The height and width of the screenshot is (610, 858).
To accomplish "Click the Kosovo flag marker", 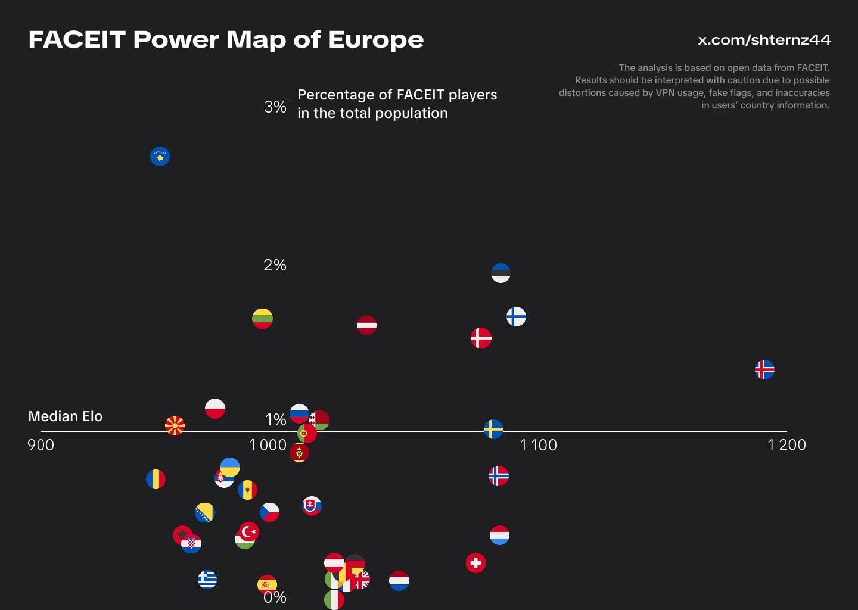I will [160, 156].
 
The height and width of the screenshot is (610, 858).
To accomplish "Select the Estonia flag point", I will [500, 273].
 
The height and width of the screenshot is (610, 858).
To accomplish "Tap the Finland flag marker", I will [516, 316].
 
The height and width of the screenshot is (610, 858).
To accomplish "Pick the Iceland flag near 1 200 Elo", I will [764, 369].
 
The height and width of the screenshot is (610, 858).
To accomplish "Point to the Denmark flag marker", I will [481, 338].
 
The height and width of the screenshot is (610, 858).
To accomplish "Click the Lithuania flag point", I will [262, 319].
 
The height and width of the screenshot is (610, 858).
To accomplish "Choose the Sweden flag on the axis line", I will [493, 429].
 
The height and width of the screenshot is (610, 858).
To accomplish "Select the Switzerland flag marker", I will [475, 562].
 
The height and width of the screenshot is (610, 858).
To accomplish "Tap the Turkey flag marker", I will [249, 531].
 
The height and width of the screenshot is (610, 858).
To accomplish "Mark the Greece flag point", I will [207, 579].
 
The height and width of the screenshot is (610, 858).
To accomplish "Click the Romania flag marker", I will [156, 479].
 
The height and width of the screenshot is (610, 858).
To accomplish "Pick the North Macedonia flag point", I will [175, 425].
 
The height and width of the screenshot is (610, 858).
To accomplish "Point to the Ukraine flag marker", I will [230, 467].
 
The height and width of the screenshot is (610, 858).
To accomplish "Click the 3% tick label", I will [275, 107].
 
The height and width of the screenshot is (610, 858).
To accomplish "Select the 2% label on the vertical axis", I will [275, 265].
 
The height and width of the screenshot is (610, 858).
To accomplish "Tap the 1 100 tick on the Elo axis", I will [538, 445].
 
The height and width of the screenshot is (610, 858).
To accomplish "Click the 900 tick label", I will [41, 445].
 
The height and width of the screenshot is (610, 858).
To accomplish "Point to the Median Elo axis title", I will [65, 416].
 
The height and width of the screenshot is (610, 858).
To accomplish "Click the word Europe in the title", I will [375, 39].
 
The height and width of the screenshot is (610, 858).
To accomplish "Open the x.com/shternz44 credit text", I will [764, 40].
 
